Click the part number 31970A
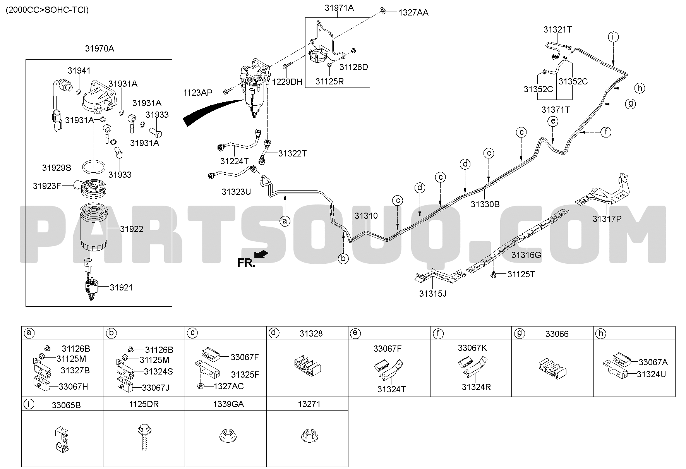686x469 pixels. pyautogui.click(x=99, y=49)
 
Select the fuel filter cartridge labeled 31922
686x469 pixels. pyautogui.click(x=93, y=228)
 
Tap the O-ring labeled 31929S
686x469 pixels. pyautogui.click(x=94, y=167)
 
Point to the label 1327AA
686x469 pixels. pyautogui.click(x=413, y=13)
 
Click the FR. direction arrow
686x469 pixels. pyautogui.click(x=262, y=254)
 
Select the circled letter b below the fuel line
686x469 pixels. pyautogui.click(x=343, y=258)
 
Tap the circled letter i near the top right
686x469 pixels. pyautogui.click(x=613, y=37)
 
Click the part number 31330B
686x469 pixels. pyautogui.click(x=485, y=204)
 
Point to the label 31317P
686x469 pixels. pyautogui.click(x=607, y=219)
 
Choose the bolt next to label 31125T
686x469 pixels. pyautogui.click(x=494, y=274)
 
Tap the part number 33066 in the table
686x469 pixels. pyautogui.click(x=557, y=333)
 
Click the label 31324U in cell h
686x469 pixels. pyautogui.click(x=651, y=374)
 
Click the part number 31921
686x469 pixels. pyautogui.click(x=121, y=287)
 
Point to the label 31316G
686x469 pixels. pyautogui.click(x=526, y=255)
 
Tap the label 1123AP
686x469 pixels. pyautogui.click(x=198, y=93)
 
